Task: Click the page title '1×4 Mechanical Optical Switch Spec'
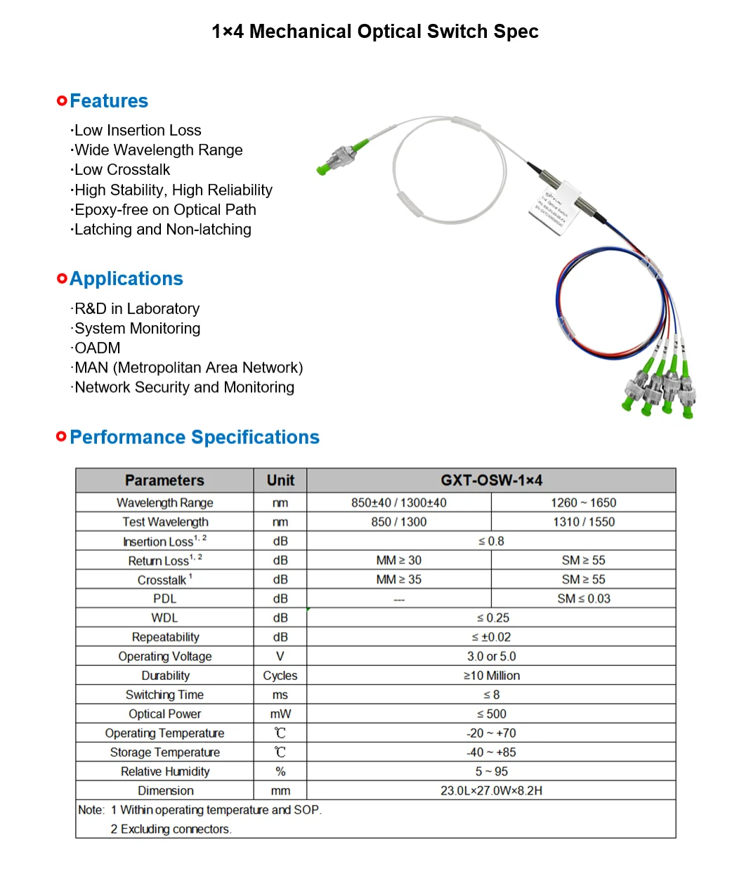375,32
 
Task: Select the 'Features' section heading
109,101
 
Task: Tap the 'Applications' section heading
126,279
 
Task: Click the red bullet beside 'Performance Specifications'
62,437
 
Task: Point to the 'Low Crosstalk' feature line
122,170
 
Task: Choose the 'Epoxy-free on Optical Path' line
165,209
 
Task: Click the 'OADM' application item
98,348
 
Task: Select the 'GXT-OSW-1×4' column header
491,481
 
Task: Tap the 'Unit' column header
280,481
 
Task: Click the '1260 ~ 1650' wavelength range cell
583,503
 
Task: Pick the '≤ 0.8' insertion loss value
491,541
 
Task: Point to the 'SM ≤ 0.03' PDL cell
583,599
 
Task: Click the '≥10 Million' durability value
491,676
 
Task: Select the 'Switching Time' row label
164,695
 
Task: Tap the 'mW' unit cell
280,714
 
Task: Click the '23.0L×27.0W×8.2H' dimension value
491,790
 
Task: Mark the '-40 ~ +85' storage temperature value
491,752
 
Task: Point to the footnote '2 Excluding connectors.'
171,829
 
